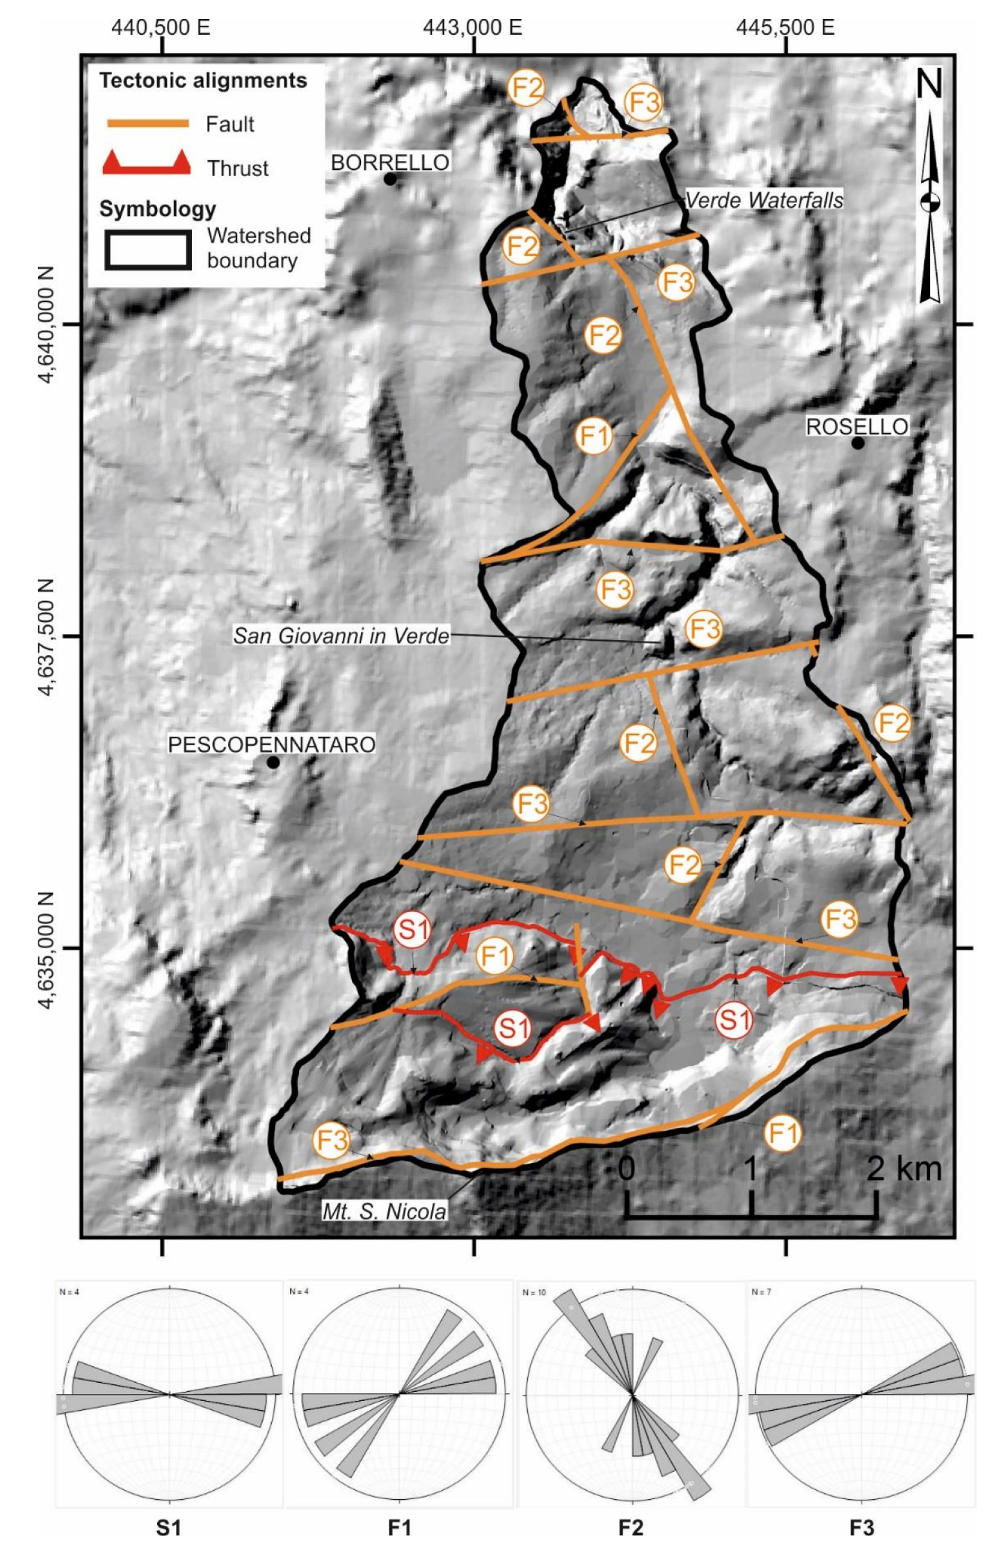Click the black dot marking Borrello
(390, 179)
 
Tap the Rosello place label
(857, 427)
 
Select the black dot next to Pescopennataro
(273, 762)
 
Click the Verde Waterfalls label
(764, 200)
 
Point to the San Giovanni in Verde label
(341, 635)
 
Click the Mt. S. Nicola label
(385, 1211)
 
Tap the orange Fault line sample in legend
(148, 124)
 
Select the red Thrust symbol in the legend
(147, 163)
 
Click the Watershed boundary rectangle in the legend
(148, 249)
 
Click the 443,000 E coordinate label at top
(473, 28)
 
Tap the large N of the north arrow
(929, 84)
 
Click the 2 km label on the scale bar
(904, 1169)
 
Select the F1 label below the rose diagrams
(400, 1528)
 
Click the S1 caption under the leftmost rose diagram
(169, 1528)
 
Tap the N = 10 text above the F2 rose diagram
(534, 1293)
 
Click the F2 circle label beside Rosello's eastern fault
(892, 723)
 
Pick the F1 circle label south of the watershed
(782, 1133)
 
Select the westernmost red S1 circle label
(412, 929)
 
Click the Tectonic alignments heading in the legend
(203, 81)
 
